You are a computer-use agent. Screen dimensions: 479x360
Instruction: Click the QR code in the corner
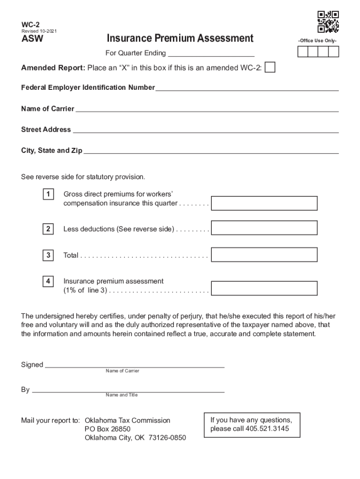coord(328,22)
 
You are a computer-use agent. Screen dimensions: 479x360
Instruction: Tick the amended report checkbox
coord(270,68)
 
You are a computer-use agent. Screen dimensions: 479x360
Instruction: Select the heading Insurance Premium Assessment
coord(180,38)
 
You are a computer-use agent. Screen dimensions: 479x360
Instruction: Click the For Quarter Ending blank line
coord(211,53)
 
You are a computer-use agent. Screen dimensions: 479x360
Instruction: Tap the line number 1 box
coord(48,194)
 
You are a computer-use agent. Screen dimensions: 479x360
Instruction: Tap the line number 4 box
coord(48,281)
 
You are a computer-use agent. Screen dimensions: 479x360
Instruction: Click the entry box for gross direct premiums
coord(264,203)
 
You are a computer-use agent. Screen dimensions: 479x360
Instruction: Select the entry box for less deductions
coord(264,228)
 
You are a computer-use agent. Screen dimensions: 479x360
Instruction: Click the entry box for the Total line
coord(264,254)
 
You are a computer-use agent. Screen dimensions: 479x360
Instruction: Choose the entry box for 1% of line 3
coord(264,288)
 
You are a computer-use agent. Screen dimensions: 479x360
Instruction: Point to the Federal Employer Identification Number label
coord(88,87)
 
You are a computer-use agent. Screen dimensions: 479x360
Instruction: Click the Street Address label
coord(46,130)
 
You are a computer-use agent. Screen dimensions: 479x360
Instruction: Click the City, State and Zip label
coord(51,151)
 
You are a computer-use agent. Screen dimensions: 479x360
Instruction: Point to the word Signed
coord(32,364)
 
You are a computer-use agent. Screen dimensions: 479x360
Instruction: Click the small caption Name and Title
coord(122,395)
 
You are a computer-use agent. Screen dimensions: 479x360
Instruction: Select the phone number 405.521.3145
coord(269,428)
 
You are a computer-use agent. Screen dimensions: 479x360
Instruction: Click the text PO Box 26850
coord(108,429)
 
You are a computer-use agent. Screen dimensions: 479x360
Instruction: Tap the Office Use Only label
coord(318,41)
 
